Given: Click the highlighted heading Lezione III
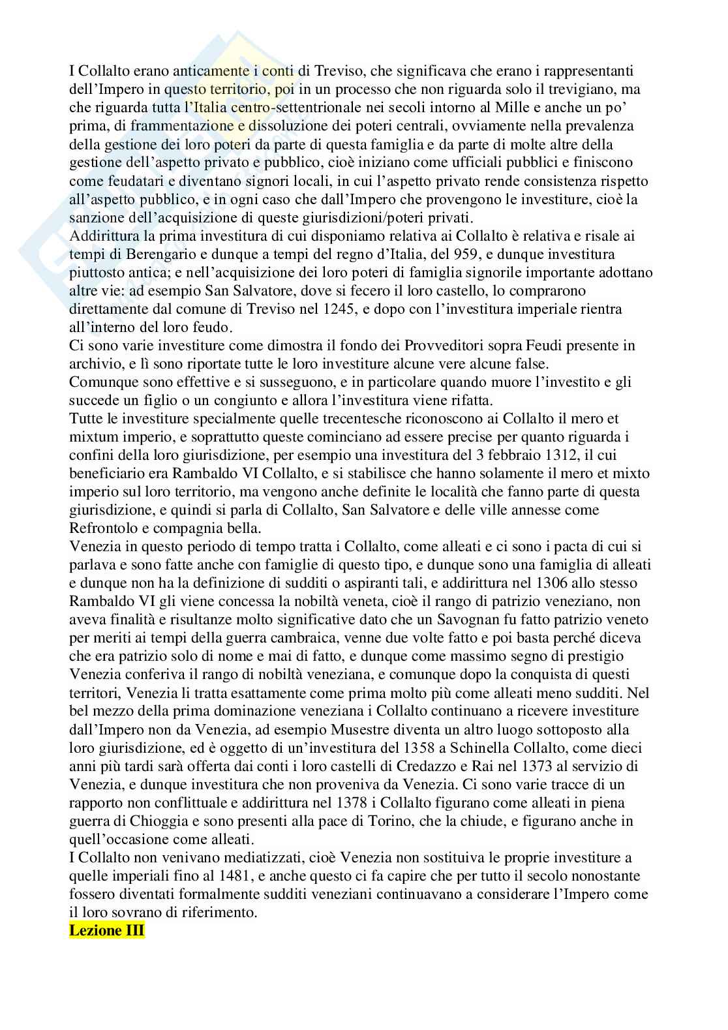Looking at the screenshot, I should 106,931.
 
